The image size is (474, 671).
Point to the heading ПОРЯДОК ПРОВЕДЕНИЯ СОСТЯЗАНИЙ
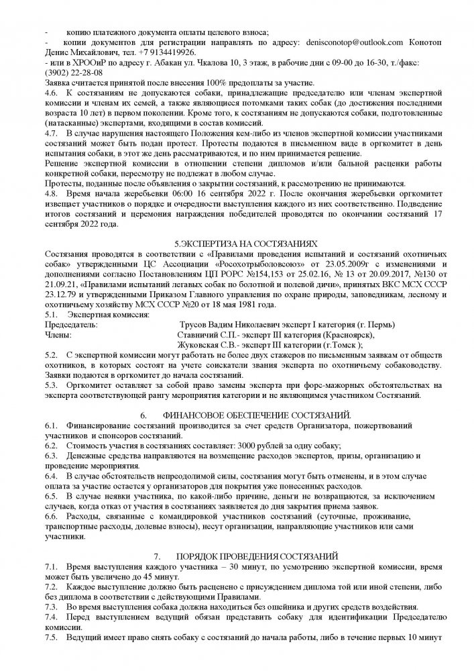(x=257, y=556)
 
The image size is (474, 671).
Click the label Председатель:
(x=70, y=324)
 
